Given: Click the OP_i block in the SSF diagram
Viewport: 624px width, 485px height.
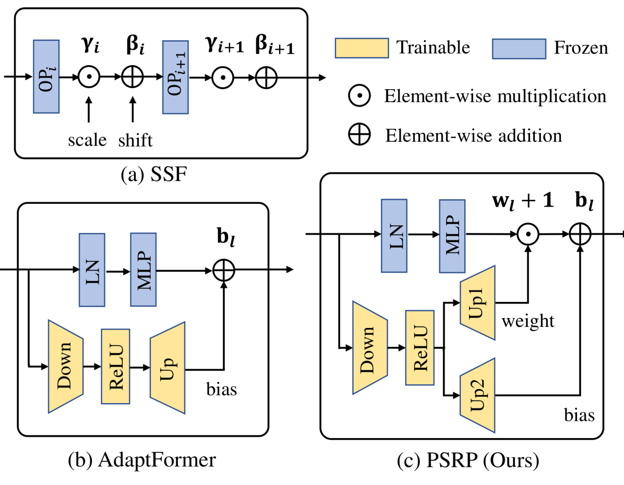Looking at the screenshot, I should tap(46, 76).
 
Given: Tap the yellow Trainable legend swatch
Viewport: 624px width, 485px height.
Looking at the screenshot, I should tap(361, 48).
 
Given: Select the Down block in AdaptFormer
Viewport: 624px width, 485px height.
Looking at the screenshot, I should tap(65, 365).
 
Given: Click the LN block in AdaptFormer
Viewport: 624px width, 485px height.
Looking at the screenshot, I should tap(91, 270).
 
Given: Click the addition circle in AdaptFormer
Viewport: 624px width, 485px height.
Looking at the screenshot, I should tap(225, 270).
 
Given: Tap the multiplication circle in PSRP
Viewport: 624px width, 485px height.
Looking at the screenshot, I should tap(529, 236).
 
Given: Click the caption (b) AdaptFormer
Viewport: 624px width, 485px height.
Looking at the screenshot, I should tap(141, 460).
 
